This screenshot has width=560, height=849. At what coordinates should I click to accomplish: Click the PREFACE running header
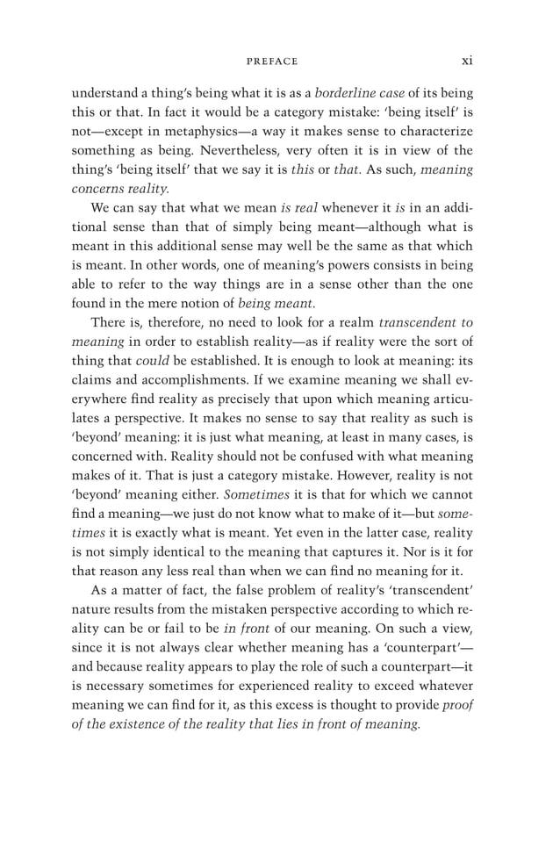pos(272,61)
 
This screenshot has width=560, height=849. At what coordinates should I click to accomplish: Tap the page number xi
pos(467,61)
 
